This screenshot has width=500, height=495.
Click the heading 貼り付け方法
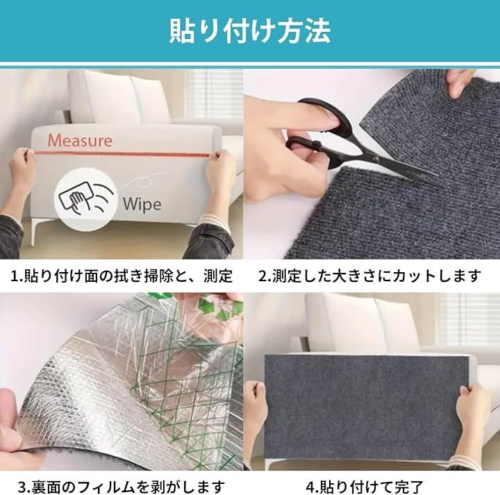[250, 31]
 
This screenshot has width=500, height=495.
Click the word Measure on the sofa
[80, 140]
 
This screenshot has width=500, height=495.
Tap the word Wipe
[142, 204]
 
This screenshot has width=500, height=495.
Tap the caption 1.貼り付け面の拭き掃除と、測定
[122, 276]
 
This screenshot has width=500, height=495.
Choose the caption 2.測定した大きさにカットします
[369, 276]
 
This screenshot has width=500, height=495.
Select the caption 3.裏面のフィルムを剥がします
[122, 487]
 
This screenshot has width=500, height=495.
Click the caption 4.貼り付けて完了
[365, 487]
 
